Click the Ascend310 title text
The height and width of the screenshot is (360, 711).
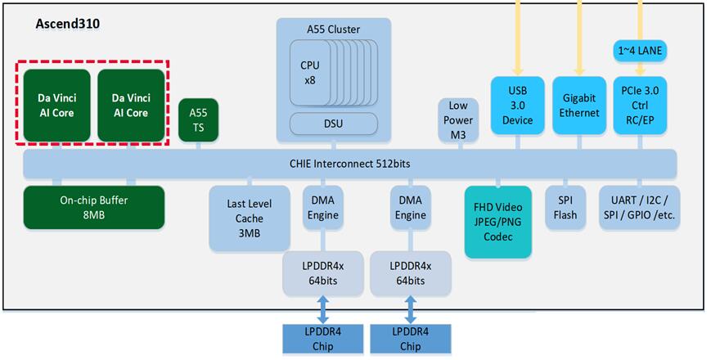pos(68,24)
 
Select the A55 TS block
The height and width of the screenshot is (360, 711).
pos(198,120)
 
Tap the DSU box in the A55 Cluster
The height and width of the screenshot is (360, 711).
pos(333,124)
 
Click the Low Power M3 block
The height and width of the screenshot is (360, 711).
pos(458,120)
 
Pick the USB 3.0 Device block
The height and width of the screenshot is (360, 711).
pos(517,106)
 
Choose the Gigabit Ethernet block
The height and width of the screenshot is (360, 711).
pos(579,106)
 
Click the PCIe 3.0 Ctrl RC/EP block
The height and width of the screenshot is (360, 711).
pos(640,106)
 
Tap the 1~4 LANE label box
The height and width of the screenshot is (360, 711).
pos(640,52)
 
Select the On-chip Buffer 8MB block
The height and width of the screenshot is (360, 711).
pos(94,207)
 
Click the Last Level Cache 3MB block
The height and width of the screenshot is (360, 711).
pos(250,218)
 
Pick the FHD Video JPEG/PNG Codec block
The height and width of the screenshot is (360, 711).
pos(498,222)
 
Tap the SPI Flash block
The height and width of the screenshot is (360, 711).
pos(565,207)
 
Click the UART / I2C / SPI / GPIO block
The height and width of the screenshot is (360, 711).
pos(639,207)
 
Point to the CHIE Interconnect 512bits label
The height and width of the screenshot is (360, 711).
pos(349,163)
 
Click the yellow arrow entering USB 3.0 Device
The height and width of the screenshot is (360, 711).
pos(517,37)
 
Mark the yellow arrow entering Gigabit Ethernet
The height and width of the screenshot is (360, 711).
pos(579,37)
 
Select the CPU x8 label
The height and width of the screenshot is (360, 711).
pos(310,73)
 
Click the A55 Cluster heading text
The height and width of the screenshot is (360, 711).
pos(333,29)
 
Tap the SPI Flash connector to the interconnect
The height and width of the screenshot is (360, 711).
pos(565,182)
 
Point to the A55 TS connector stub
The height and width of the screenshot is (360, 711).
pos(198,146)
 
